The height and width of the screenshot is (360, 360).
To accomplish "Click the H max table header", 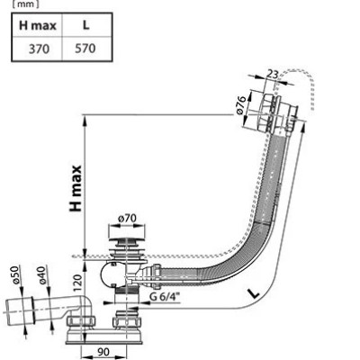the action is click(38, 25).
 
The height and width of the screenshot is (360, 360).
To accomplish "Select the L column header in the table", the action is click(86, 25).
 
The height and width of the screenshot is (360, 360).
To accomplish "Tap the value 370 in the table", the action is click(39, 49).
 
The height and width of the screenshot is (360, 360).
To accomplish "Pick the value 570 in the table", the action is click(85, 48).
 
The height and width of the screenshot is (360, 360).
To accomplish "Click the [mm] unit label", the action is click(26, 4).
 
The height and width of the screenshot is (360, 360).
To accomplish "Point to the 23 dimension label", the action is click(273, 74).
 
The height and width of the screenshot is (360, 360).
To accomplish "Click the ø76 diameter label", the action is click(241, 104).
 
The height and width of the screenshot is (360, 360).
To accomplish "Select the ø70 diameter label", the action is click(127, 219).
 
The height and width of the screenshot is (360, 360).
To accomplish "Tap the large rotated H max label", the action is click(76, 188).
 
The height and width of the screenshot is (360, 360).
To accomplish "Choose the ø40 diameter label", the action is click(41, 274).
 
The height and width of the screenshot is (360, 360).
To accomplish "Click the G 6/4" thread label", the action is click(163, 297).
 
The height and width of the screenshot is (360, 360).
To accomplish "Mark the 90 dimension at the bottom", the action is click(103, 352).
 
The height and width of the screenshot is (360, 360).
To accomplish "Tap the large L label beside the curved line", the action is click(254, 292).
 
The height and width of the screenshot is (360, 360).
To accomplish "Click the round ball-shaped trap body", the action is click(108, 275).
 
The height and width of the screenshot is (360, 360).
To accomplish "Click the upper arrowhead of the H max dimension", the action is click(85, 120).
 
